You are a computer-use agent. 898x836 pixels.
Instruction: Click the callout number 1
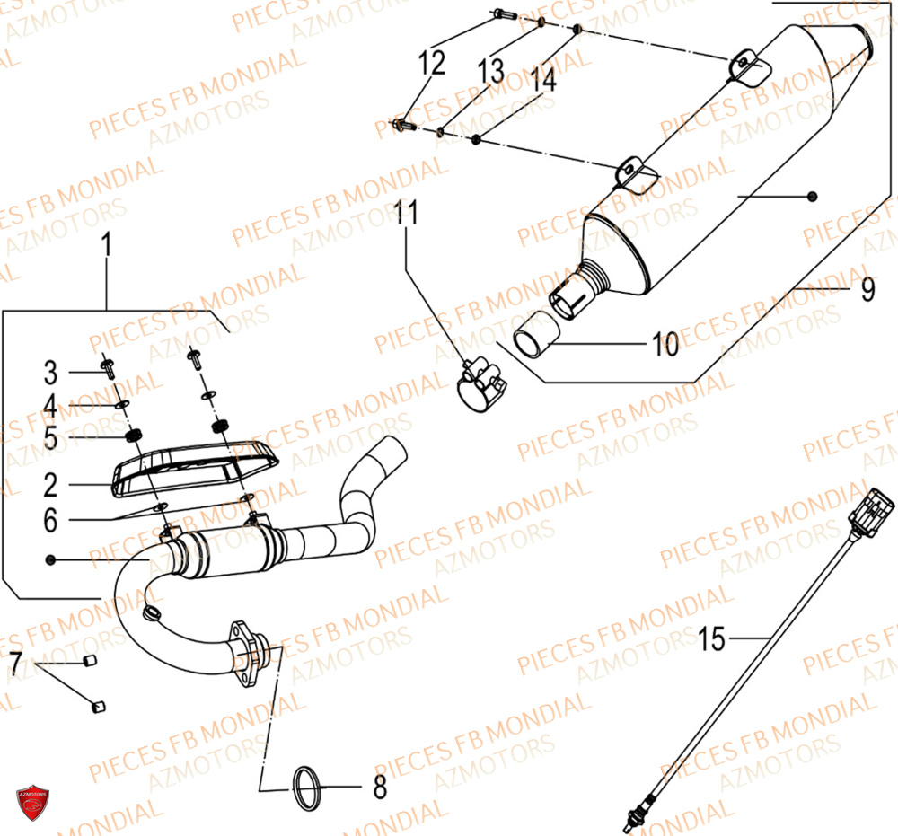coord(107,243)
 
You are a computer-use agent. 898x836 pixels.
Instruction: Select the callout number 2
coord(50,486)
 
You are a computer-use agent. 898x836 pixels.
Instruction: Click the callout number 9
coord(867,289)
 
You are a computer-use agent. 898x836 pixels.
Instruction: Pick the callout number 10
coord(665,344)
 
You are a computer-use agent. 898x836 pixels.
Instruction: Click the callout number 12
coord(431,64)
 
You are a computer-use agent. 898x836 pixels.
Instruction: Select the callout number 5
coord(50,437)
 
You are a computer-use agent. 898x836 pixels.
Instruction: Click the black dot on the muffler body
coord(812,197)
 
